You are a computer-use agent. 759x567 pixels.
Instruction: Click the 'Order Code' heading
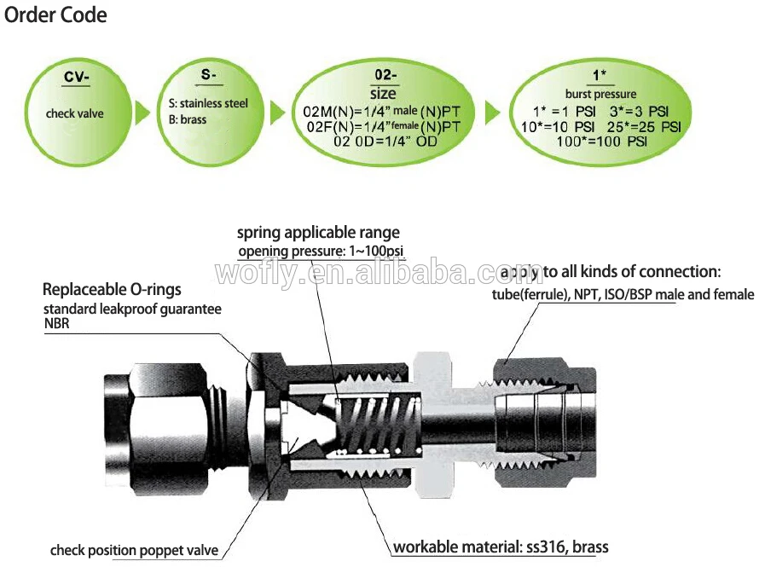pos(55,15)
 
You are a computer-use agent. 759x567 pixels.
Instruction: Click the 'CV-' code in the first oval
pos(78,78)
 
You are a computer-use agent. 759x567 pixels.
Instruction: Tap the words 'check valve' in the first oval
pos(74,113)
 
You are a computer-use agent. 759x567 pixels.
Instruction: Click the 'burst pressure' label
pos(600,94)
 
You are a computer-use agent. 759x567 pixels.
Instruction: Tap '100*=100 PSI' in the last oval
pos(601,141)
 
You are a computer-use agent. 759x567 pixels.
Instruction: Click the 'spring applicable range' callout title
pos(318,232)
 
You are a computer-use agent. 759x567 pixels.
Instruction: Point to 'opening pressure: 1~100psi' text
pos(321,251)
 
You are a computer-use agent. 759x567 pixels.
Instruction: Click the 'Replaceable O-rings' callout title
pos(112,290)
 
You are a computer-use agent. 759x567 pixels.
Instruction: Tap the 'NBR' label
pos(56,324)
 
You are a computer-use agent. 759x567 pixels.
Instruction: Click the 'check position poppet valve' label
pos(134,550)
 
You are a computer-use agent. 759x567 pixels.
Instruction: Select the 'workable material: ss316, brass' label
pos(500,547)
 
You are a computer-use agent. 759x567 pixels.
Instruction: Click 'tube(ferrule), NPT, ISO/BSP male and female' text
pos(623,295)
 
